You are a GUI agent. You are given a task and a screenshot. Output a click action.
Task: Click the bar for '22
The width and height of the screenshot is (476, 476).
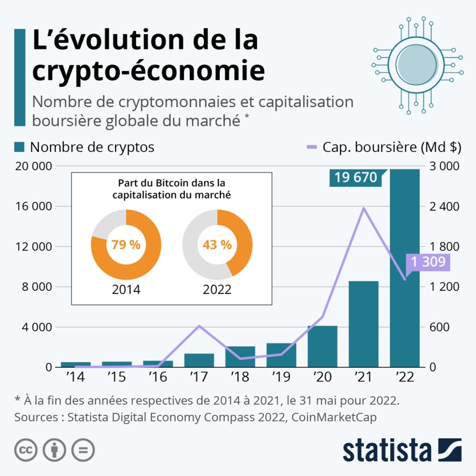[x=405, y=272]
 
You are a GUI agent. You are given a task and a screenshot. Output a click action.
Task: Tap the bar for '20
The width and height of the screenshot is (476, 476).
[x=322, y=346]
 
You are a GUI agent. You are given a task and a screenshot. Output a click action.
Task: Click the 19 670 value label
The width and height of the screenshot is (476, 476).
[x=355, y=178]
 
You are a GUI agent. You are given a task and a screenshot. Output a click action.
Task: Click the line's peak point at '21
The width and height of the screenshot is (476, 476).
[x=363, y=208]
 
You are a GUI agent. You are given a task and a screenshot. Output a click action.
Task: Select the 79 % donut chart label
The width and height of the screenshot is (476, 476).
[x=126, y=245]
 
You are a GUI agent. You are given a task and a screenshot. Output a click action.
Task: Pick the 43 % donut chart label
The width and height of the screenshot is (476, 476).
[x=217, y=245]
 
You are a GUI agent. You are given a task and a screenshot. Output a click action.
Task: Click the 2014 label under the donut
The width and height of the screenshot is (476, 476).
[x=126, y=290]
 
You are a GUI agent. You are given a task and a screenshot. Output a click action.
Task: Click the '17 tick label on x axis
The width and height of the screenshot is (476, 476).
[x=199, y=376]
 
